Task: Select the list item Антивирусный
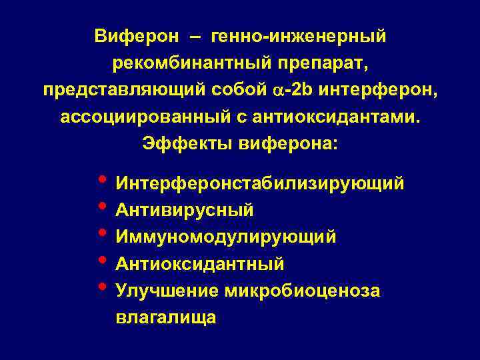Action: coord(185,210)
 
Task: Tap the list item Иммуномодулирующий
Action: coord(225,237)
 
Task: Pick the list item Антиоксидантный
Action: coord(200,264)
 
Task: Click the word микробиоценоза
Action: coord(302,291)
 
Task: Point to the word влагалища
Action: coord(166,317)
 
